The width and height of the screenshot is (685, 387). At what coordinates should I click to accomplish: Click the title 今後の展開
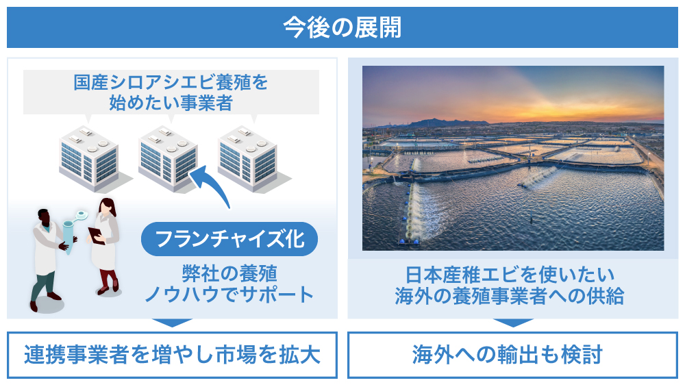click(x=342, y=27)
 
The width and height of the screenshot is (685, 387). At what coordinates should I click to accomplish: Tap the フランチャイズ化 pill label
click(x=229, y=239)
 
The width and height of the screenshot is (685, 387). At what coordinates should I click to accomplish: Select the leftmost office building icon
click(x=93, y=158)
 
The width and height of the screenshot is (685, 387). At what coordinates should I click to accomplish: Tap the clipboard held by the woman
click(x=96, y=236)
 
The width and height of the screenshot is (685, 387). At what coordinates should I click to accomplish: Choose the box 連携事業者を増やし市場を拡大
click(x=172, y=355)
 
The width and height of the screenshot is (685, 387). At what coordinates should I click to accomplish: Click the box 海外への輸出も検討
click(x=512, y=355)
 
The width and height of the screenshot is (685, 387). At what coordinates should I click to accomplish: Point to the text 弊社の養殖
click(x=229, y=274)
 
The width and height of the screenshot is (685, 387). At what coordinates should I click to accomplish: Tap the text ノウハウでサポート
click(x=229, y=295)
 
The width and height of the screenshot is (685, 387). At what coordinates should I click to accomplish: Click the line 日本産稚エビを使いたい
click(x=510, y=275)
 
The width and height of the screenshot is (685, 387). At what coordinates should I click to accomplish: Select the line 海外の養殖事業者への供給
click(x=510, y=296)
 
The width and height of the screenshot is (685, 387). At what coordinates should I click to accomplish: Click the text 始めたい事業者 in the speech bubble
click(x=171, y=103)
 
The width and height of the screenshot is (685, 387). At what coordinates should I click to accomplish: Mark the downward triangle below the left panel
click(x=172, y=323)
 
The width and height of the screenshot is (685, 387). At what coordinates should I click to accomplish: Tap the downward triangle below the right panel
click(x=513, y=323)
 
